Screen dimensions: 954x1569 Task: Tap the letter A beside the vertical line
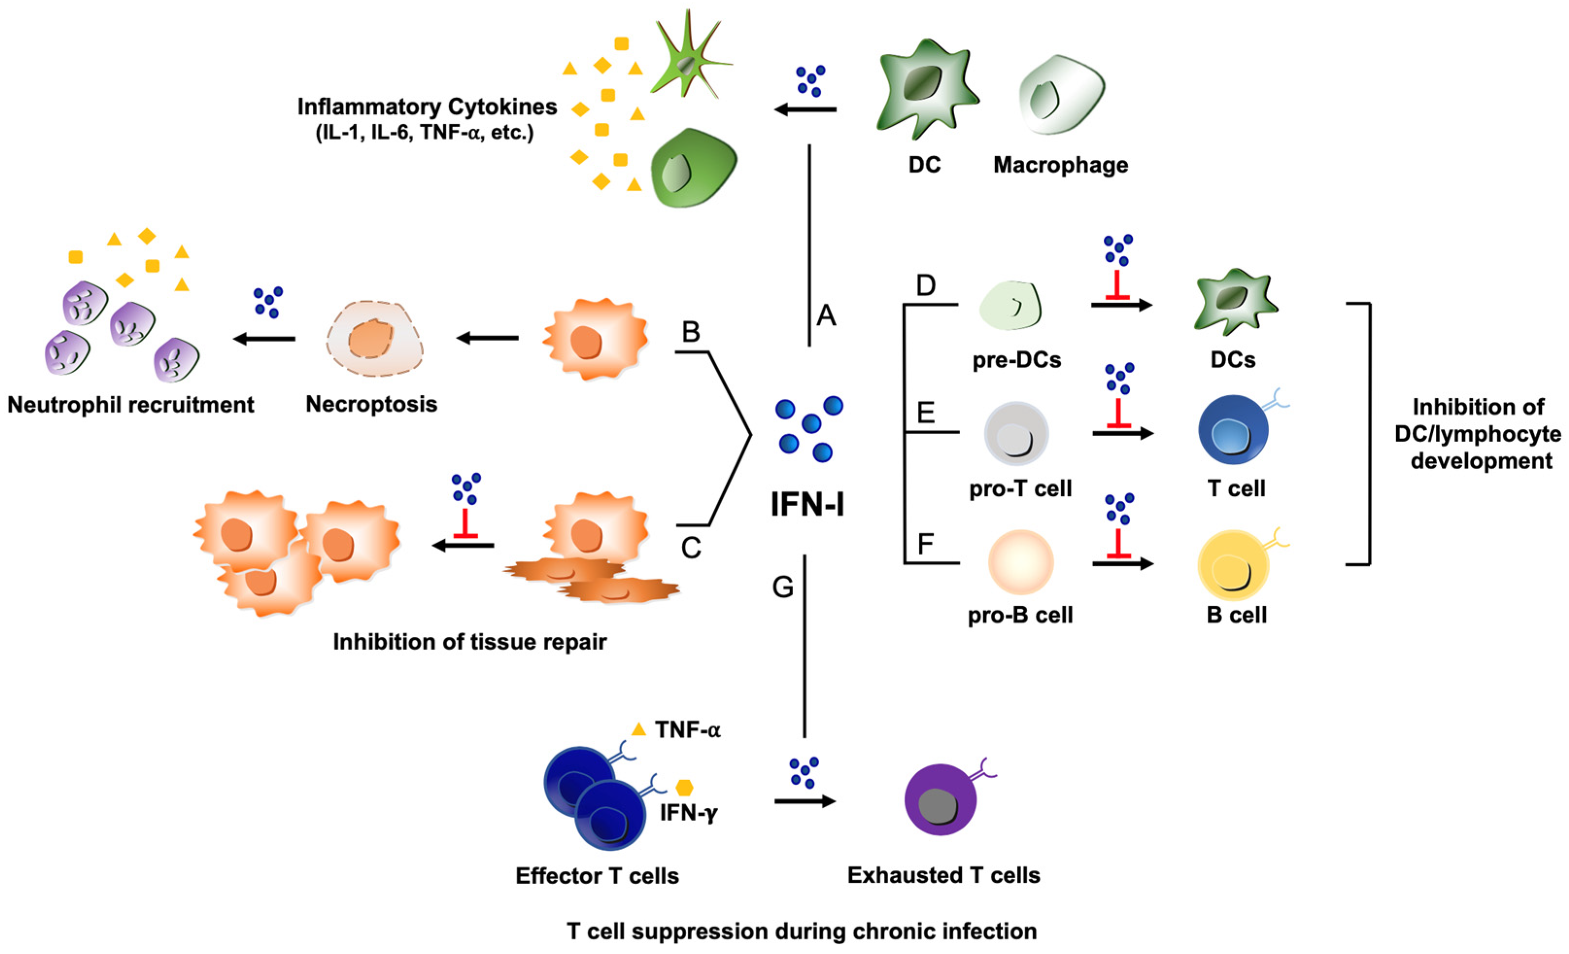point(826,315)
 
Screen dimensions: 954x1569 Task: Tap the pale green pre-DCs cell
point(1010,306)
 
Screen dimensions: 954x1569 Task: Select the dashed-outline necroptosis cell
point(374,338)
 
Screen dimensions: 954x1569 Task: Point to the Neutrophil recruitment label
point(131,405)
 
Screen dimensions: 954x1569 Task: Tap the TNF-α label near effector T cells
point(687,730)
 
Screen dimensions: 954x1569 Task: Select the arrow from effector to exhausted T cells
point(804,801)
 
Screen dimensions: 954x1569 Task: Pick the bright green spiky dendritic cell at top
point(689,61)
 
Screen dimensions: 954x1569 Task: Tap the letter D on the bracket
point(925,285)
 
